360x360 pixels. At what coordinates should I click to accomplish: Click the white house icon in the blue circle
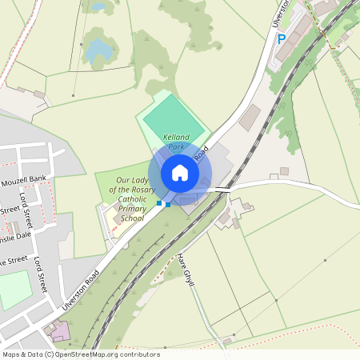(180, 173)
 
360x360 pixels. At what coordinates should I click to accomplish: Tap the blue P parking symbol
(281, 38)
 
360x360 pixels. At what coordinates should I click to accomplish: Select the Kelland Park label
(176, 142)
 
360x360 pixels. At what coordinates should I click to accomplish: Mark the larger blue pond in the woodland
(100, 50)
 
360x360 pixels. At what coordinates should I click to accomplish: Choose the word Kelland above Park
(176, 138)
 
